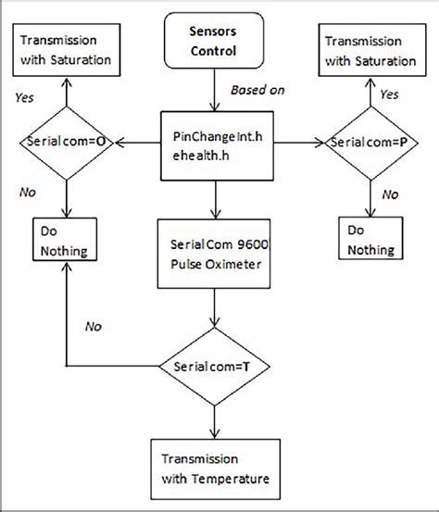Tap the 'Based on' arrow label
249,90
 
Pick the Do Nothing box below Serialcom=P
370,240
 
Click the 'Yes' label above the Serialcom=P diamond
389,94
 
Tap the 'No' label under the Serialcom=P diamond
390,195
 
